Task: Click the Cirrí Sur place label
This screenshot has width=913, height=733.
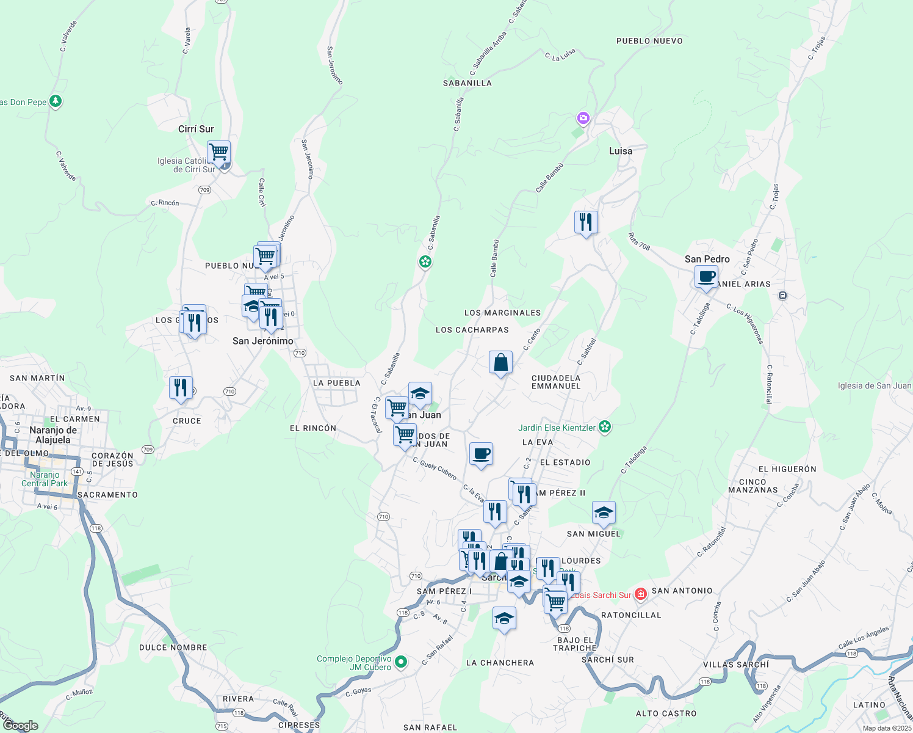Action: (x=196, y=129)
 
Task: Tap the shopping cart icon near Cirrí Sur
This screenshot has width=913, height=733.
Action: (x=218, y=151)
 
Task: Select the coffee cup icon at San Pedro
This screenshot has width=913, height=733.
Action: (x=706, y=277)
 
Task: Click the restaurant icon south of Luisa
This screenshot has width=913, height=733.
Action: (x=586, y=222)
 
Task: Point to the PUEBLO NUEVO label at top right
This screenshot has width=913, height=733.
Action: (x=649, y=41)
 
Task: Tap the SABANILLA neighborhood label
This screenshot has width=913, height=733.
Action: (x=467, y=83)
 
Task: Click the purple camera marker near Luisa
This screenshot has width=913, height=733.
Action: (x=583, y=118)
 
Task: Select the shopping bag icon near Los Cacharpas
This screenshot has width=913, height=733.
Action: (x=500, y=362)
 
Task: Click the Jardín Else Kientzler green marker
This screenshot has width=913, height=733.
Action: (x=605, y=427)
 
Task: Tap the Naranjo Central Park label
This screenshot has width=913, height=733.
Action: (x=45, y=479)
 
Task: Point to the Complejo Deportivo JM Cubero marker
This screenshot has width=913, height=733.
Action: (x=401, y=662)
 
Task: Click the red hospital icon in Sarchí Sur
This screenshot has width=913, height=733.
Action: (x=640, y=594)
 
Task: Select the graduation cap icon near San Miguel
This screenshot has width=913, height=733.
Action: (x=604, y=513)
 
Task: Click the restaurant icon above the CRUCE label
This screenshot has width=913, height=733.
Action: (x=181, y=388)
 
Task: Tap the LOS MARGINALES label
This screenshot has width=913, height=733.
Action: (x=502, y=313)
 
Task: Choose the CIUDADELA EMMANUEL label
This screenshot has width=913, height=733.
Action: (x=556, y=382)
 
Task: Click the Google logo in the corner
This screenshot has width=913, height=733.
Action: (x=21, y=725)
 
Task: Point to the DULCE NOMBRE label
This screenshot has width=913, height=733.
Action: (x=173, y=647)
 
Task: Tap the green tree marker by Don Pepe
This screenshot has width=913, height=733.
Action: (x=56, y=101)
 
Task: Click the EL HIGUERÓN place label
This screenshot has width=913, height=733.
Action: (x=787, y=469)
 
